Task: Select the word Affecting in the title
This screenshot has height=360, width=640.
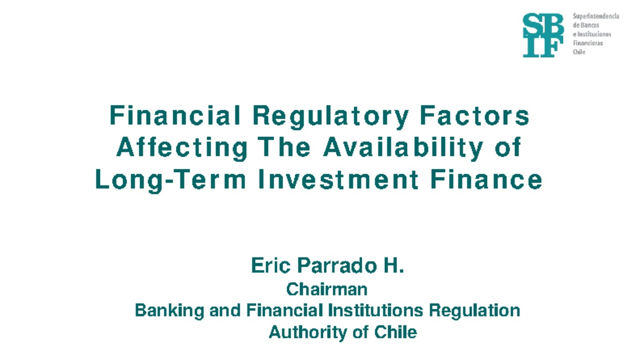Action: [x=182, y=148]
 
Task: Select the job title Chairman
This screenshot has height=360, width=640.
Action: [x=327, y=289]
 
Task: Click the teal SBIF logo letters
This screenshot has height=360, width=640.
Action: [x=543, y=35]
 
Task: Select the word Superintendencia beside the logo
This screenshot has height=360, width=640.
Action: [x=596, y=16]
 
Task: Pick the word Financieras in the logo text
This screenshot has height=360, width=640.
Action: [x=588, y=43]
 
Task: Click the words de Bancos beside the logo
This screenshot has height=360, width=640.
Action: [x=586, y=25]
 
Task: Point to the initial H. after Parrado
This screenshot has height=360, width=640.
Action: [x=394, y=266]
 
